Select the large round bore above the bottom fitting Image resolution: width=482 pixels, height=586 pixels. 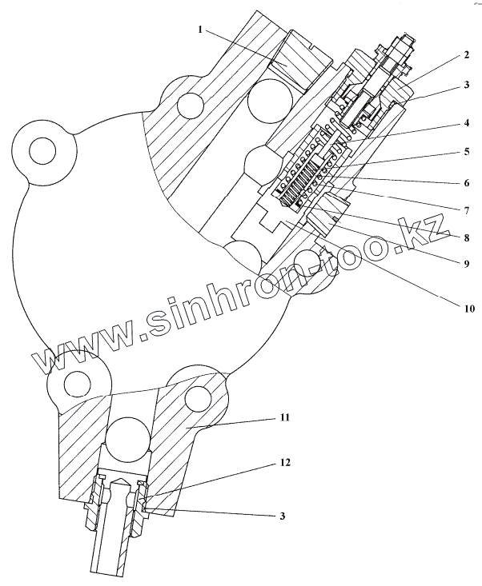click(x=128, y=440)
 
